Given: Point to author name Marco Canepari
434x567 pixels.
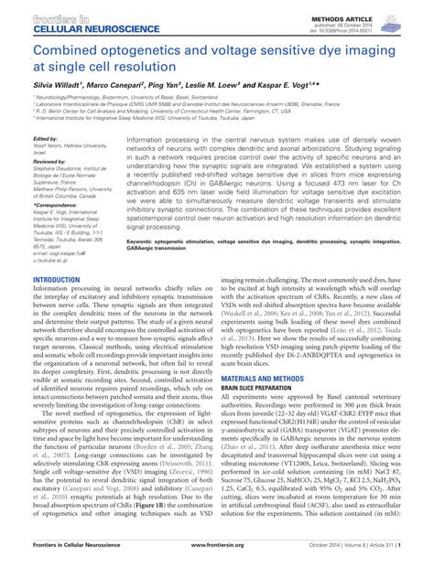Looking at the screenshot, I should click(x=123, y=84).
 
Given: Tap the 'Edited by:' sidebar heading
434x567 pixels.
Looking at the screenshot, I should click(x=45, y=139).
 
